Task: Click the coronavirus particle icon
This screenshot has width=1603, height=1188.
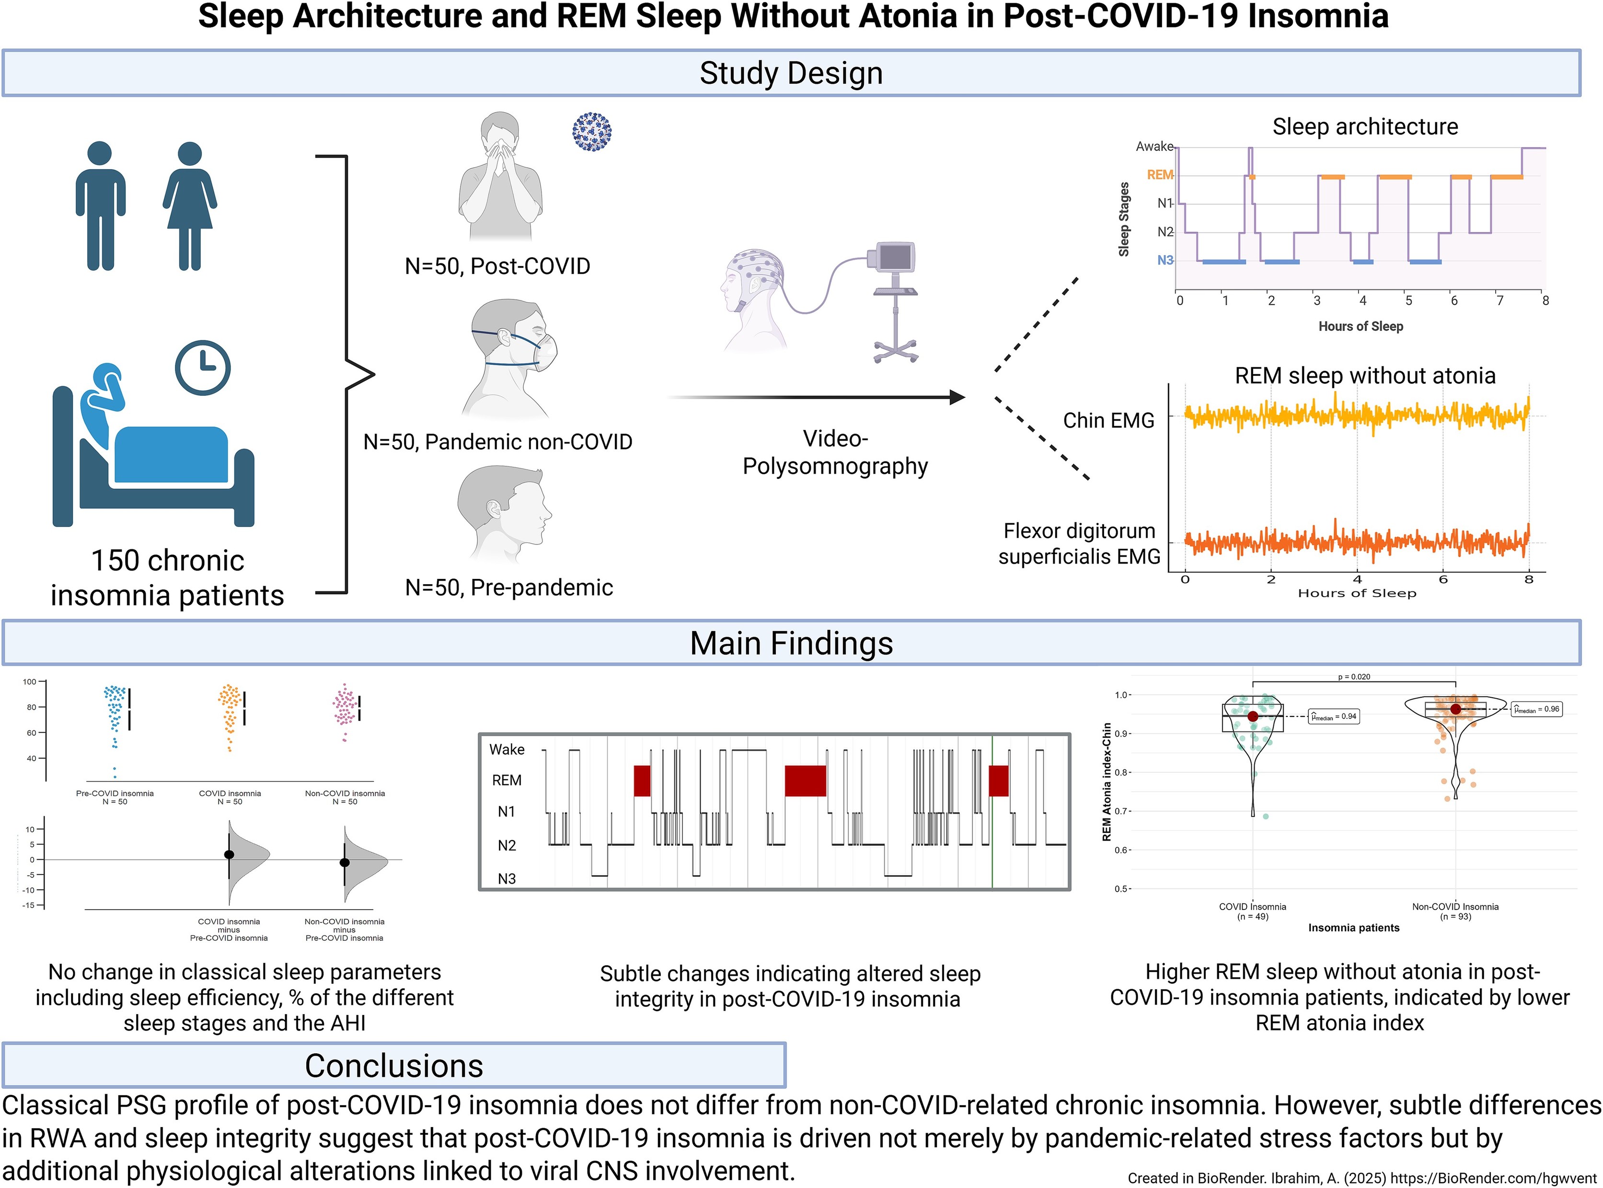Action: (591, 132)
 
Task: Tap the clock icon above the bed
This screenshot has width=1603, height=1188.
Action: (203, 368)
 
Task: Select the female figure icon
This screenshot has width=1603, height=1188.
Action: (189, 206)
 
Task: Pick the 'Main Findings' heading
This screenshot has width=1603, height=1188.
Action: (791, 643)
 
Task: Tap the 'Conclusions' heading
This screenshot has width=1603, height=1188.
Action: (393, 1066)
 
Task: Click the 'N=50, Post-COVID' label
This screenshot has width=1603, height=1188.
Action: (497, 266)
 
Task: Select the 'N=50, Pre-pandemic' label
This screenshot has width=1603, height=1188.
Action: (508, 588)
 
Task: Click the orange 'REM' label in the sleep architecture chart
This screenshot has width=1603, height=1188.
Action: (1159, 175)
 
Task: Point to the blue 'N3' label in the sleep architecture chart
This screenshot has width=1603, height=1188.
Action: (1165, 260)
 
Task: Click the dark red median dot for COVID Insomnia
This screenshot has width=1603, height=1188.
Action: (1253, 716)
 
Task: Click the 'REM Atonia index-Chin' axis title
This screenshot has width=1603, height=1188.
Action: (1107, 782)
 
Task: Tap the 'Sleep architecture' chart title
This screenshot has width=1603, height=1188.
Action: (1365, 127)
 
